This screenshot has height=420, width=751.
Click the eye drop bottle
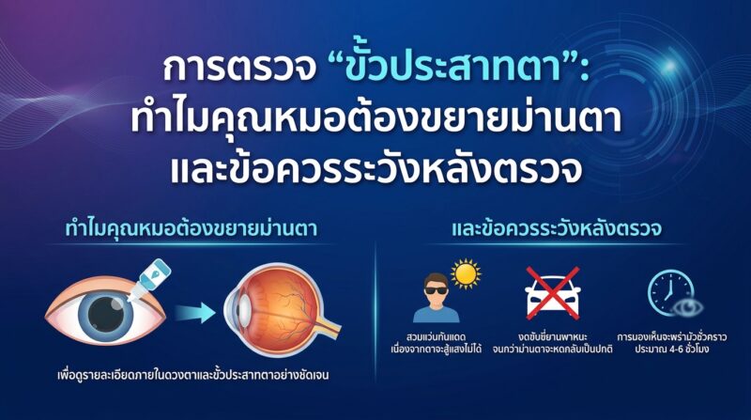click(x=148, y=280)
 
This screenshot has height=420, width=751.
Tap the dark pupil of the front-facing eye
click(x=106, y=315)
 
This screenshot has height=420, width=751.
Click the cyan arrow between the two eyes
click(x=195, y=313)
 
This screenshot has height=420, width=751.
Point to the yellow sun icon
click(x=466, y=273)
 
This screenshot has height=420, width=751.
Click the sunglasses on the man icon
click(x=436, y=289)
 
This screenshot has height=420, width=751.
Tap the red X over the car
click(x=553, y=293)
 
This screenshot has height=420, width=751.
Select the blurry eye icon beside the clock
click(x=688, y=307)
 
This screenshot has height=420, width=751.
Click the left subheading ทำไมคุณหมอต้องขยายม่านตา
click(x=192, y=228)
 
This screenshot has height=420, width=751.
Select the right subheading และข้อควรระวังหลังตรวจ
click(x=557, y=228)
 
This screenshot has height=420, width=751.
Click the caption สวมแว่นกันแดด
click(x=437, y=336)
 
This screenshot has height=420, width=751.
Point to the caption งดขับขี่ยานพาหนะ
click(x=553, y=336)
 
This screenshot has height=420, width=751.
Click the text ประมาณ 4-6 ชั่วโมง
click(x=672, y=349)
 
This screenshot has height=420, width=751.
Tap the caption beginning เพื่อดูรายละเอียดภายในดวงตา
click(x=193, y=375)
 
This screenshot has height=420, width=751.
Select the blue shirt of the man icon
click(x=436, y=314)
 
